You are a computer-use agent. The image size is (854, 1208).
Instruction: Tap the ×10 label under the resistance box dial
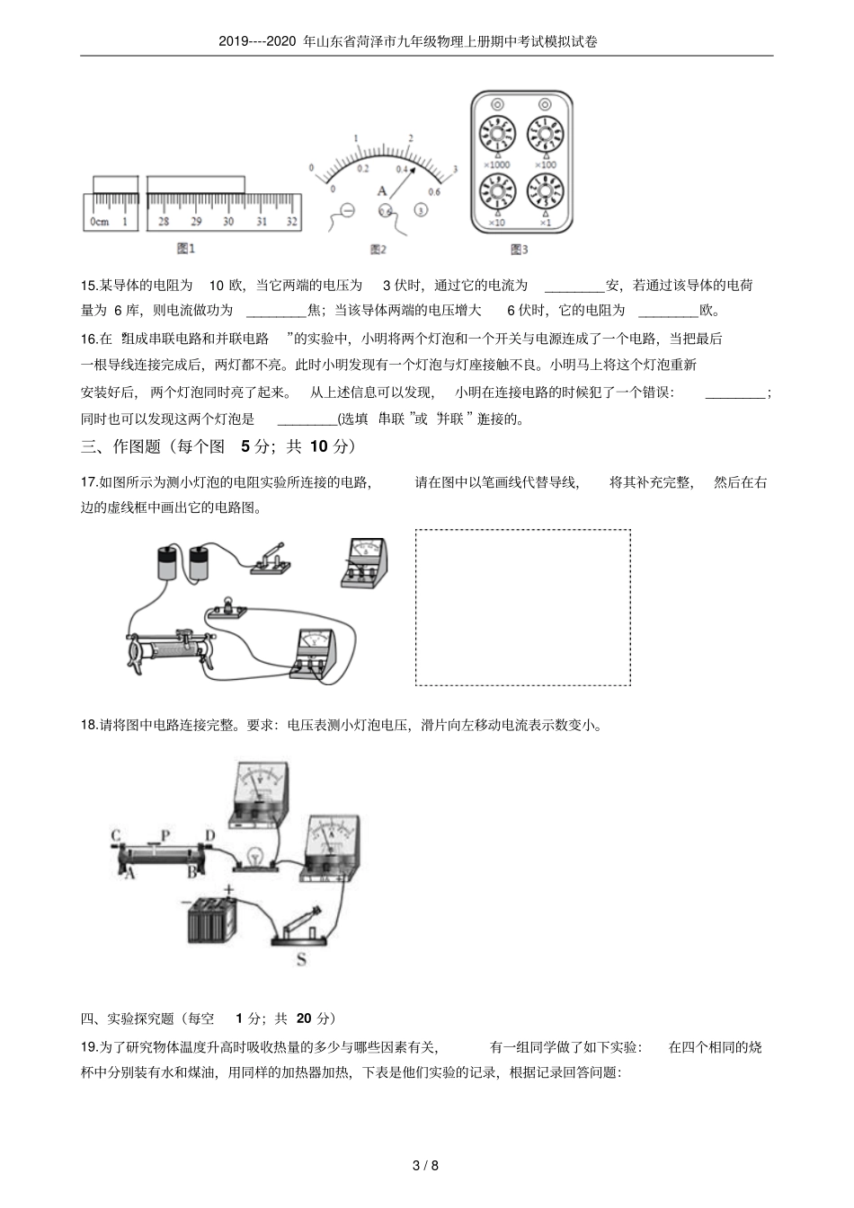pos(496,222)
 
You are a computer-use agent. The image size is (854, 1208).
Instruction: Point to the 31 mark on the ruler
pos(262,221)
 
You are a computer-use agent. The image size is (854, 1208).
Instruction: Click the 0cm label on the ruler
pos(99,221)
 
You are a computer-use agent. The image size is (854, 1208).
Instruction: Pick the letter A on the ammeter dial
pos(381,191)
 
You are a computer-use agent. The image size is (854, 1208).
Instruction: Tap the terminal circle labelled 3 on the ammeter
pos(420,210)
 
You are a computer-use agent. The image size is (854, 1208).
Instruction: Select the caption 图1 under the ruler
pos(186,248)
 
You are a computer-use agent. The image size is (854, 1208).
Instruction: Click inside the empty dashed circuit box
pos(522,607)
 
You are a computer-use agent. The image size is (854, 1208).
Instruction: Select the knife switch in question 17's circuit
pos(270,559)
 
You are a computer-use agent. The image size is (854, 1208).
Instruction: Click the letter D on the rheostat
pos(209,836)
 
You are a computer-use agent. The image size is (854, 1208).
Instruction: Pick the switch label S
pos(301,960)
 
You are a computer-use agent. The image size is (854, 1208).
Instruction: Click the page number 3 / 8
pos(425,1167)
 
